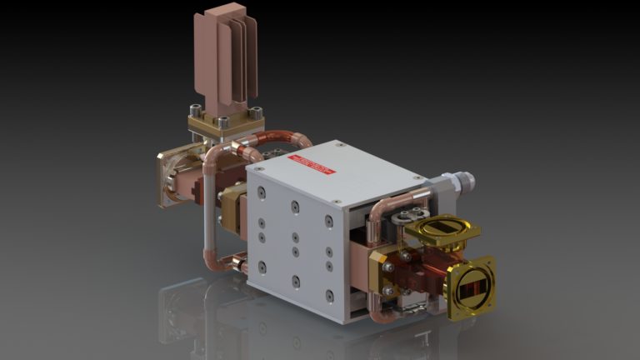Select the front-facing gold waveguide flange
click(471, 287)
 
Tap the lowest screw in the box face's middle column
click(296, 282)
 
